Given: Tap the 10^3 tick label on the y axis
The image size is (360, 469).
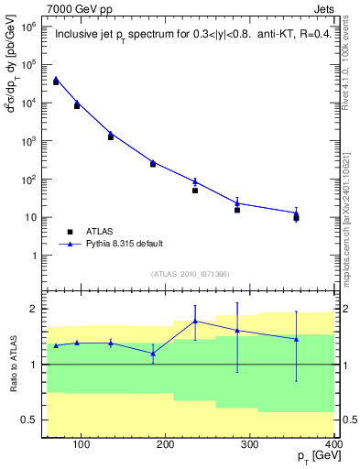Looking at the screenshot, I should tap(29, 142).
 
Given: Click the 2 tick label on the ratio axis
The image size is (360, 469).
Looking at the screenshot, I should tap(34, 310).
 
